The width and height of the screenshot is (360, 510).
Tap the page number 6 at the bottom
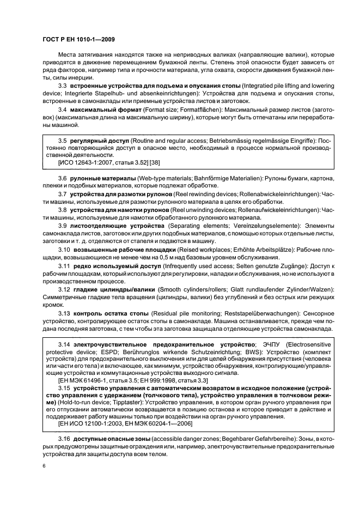pos(44,466)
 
